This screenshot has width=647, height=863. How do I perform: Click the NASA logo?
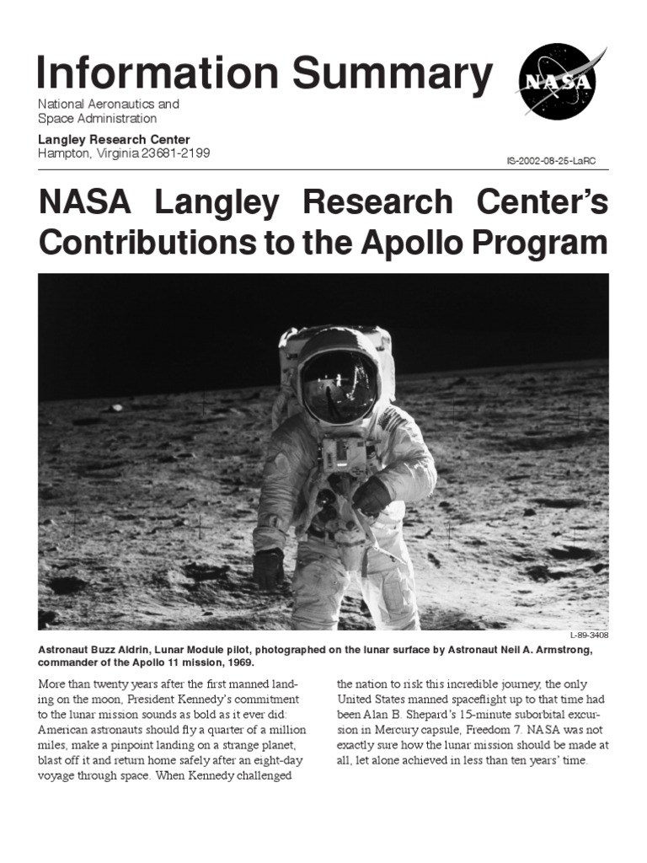pos(556,81)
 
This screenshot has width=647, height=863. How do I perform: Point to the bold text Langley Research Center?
pos(114,139)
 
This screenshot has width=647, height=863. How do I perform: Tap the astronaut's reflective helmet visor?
pos(340,386)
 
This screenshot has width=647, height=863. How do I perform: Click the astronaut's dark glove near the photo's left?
pos(268,567)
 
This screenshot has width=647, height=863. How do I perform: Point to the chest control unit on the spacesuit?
pos(343,454)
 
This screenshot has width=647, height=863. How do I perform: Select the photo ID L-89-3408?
pos(589,635)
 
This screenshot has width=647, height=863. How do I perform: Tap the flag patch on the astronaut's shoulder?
pos(390,419)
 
